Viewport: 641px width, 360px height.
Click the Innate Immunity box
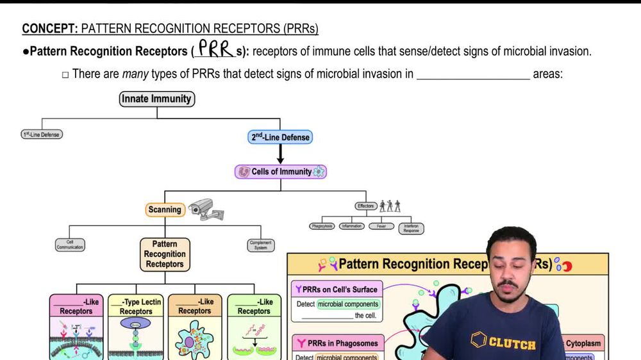pos(157,99)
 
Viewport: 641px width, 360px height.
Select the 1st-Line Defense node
pos(42,135)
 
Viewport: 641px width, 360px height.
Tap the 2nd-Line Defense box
pos(279,137)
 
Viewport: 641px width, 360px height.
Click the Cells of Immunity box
pos(281,172)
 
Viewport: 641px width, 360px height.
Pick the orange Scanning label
pos(165,209)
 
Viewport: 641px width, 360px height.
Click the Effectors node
pos(365,206)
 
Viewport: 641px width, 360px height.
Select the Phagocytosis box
pos(322,226)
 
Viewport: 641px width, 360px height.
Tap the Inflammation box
pos(352,226)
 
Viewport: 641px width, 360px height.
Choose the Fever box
pos(381,226)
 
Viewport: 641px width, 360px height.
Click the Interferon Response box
pos(411,227)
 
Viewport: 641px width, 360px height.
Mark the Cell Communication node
pos(70,244)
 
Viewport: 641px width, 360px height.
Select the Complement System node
pos(261,244)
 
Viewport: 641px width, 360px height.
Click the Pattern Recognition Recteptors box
pos(165,254)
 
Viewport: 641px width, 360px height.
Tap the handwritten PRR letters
pos(215,49)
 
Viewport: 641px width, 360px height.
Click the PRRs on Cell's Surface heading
pos(338,290)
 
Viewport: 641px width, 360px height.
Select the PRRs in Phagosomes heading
pos(338,343)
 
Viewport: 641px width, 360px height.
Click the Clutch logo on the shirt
pos(503,342)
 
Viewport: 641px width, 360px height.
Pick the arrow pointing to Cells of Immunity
pos(280,154)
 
